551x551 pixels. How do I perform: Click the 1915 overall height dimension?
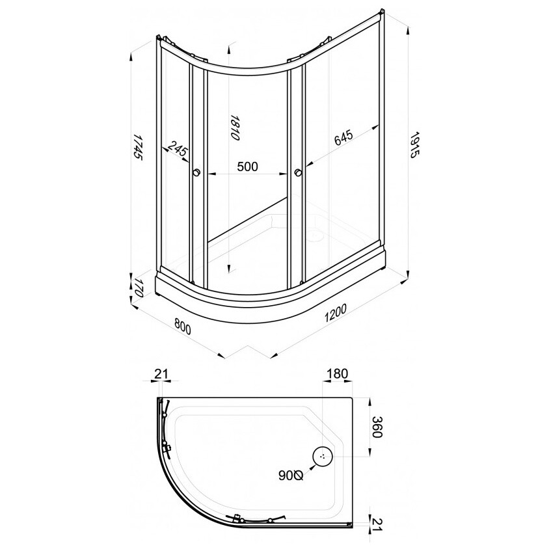click(x=415, y=145)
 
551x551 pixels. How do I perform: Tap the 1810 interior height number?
click(x=234, y=128)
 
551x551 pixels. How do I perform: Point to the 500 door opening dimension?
click(x=247, y=167)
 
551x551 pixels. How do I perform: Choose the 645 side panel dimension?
click(x=343, y=137)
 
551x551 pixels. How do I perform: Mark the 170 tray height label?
click(x=137, y=289)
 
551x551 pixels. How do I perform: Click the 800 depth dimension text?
click(x=182, y=327)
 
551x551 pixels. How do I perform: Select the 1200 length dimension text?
click(x=336, y=313)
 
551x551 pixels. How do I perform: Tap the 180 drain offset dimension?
click(x=338, y=373)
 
